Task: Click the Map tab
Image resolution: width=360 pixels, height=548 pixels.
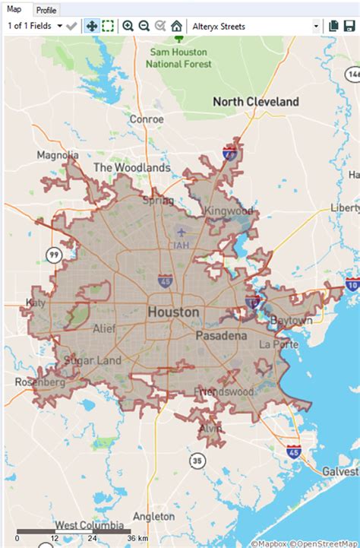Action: coord(14,9)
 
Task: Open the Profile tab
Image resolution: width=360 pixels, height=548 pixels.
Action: coord(46,10)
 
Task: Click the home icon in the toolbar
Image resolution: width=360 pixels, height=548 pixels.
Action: coord(176,27)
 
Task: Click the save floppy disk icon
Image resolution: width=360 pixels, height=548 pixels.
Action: coord(350,27)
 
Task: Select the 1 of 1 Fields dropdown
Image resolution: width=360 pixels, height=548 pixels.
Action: coord(34,27)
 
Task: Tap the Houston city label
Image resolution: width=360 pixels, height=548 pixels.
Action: coord(173,312)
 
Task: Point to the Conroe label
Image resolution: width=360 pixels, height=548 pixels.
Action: coord(147,119)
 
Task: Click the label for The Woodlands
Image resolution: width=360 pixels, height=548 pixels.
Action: coord(131,167)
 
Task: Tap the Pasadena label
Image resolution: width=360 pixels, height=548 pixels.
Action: coord(220,335)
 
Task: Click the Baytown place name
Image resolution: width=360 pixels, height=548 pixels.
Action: coord(291,321)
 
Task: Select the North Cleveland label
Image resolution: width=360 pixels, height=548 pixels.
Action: coord(255,102)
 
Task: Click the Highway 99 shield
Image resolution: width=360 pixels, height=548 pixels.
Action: coord(54,255)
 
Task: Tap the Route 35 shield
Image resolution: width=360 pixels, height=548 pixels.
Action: coord(197,460)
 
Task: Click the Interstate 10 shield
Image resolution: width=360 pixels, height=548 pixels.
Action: coord(352,284)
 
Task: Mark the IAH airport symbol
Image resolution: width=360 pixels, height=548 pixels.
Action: coord(180,232)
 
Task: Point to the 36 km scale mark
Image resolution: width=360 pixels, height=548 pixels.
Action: coord(131,537)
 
